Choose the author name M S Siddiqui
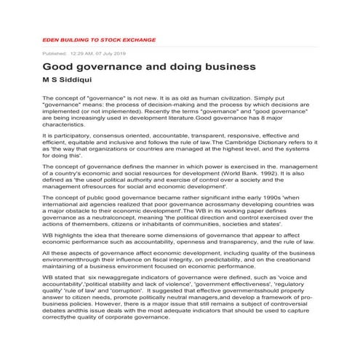click(68, 81)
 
